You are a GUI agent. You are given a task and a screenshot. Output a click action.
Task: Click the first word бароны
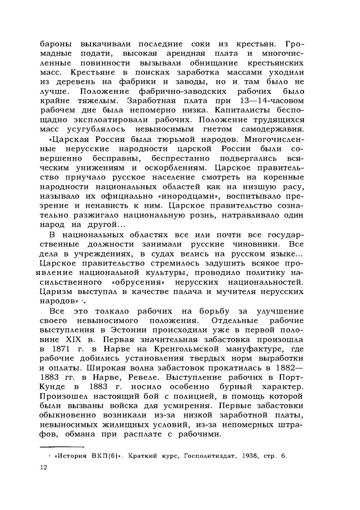tap(56, 44)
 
